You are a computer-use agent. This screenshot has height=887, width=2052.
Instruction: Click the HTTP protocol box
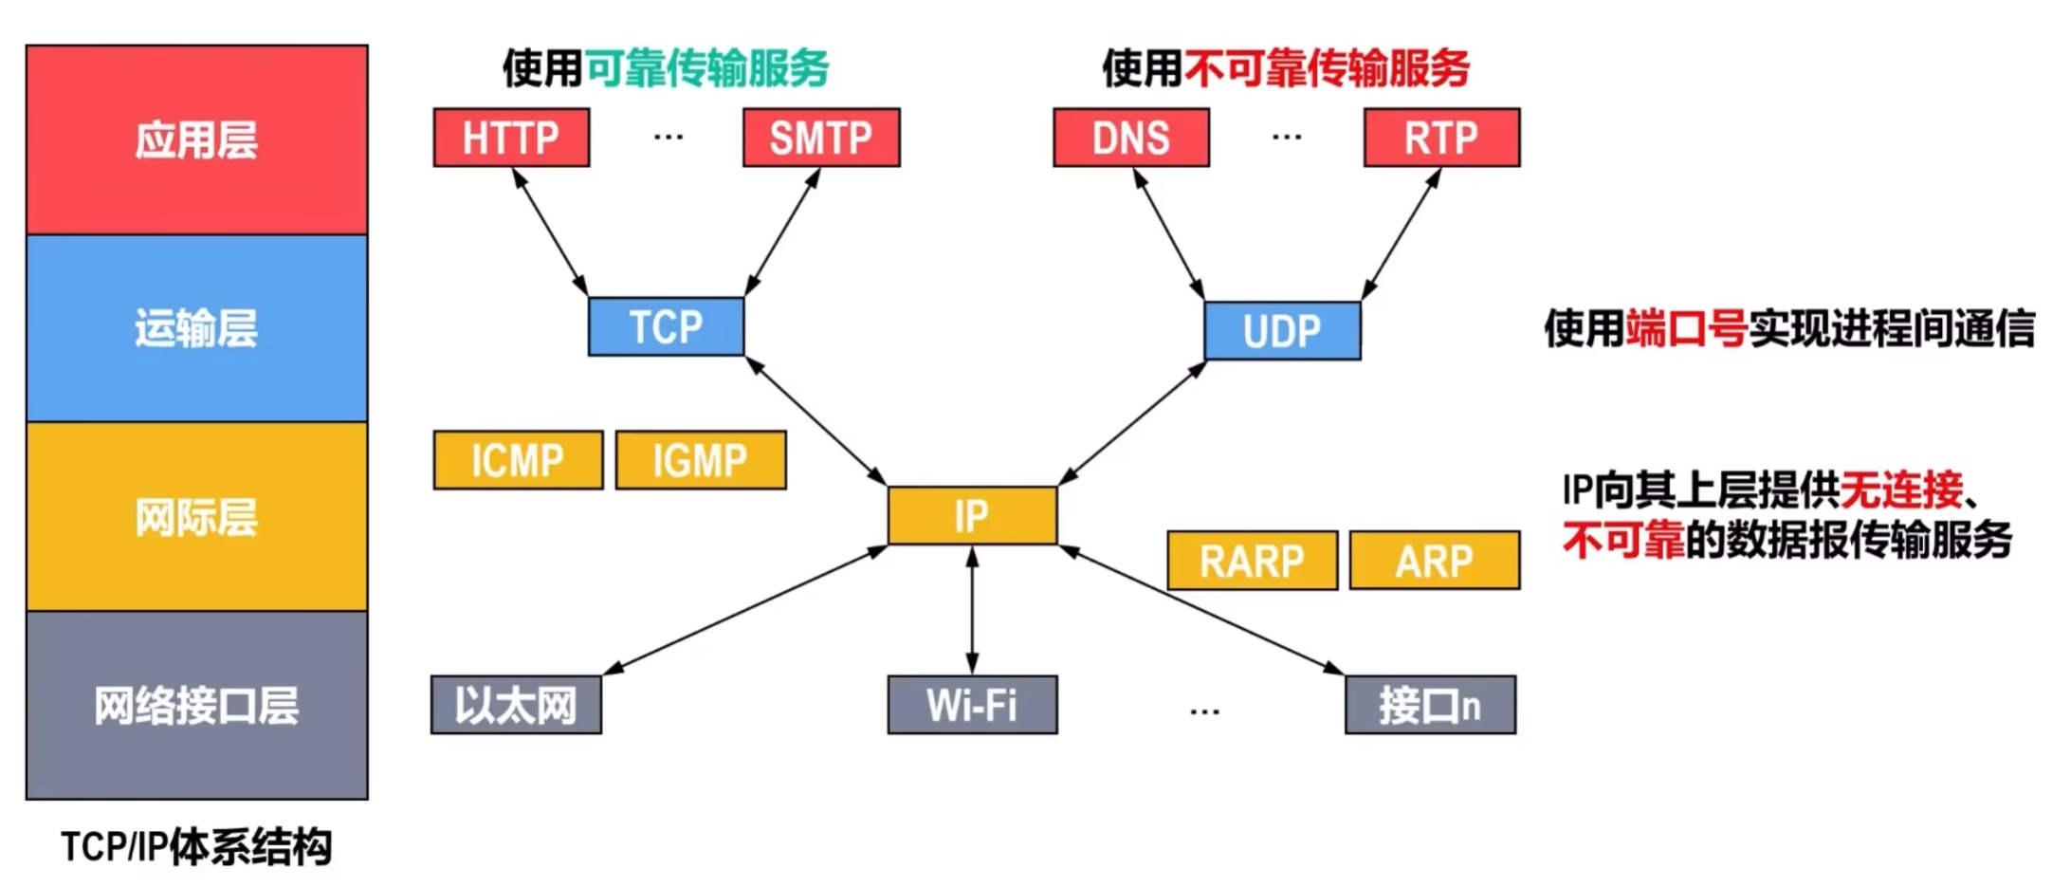(511, 138)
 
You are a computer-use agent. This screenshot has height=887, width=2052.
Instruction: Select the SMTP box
(821, 138)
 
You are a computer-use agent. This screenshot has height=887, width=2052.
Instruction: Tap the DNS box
(1131, 138)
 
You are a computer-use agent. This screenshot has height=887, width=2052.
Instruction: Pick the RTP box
(1441, 138)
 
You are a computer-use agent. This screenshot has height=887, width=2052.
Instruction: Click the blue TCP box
(666, 327)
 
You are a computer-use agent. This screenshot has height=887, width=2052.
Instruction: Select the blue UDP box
(1282, 331)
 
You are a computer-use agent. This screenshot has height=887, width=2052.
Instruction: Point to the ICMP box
(518, 460)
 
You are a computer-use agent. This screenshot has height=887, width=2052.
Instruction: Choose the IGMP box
(701, 460)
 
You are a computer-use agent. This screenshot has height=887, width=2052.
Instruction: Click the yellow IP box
(972, 516)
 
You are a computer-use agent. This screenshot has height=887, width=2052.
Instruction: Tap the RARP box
(1252, 561)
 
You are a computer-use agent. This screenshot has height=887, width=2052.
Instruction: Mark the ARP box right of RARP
(1435, 561)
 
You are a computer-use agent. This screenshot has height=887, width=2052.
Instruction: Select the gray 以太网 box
(516, 705)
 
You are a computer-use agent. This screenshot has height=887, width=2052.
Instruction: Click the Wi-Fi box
(972, 705)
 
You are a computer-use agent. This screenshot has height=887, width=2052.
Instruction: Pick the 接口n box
(1430, 705)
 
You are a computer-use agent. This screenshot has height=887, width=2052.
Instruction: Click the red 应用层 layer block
(196, 139)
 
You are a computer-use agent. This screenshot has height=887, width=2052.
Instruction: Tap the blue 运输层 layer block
(196, 328)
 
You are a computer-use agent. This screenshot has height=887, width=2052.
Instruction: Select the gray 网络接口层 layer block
(196, 705)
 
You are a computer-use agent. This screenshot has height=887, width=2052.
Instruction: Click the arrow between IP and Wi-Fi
(972, 611)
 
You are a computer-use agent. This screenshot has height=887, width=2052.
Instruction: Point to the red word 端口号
(1687, 328)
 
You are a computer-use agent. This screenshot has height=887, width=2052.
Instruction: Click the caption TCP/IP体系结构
(196, 846)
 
